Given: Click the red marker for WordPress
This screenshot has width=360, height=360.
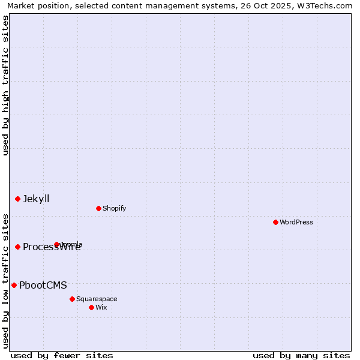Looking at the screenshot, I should coord(275,222).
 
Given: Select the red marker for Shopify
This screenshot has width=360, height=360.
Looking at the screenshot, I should coord(98,208).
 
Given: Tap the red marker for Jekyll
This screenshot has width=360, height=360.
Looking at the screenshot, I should coord(17,199).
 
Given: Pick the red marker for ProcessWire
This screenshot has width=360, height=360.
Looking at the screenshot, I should coord(17,247).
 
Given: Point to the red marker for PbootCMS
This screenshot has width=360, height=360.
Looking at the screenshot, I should coord(14,285).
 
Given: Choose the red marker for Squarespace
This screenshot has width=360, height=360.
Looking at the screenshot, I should coord(72,299).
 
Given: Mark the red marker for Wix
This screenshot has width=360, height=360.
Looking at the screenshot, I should coord(91,307).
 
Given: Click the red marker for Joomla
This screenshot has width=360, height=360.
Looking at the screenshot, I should coord(57,244).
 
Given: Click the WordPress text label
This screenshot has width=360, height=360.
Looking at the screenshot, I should coord(296,222).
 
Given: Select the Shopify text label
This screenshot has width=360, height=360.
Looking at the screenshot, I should coord(114,208).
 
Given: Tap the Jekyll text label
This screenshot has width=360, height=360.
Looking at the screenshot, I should coord(36,199).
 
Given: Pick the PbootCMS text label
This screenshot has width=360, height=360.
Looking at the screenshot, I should coord(43,285).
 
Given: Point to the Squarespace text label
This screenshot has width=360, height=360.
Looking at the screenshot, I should coord(97,299).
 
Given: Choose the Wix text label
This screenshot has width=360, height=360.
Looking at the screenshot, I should coord(101,307).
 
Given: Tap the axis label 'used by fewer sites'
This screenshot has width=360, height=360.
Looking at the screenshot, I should coord(62,355).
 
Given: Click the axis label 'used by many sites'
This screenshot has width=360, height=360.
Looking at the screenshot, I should coord(301,355).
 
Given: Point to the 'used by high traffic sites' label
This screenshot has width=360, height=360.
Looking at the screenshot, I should coord(5,85).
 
